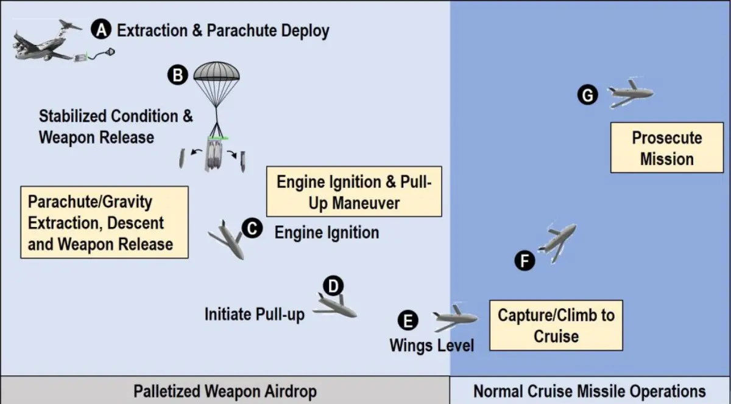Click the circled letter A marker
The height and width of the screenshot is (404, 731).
[x=101, y=29]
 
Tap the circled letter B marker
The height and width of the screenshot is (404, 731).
[x=177, y=75]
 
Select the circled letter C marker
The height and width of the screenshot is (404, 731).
[x=252, y=229]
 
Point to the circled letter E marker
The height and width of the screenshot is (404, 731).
[x=408, y=321]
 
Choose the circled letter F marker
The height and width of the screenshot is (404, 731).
[x=524, y=261]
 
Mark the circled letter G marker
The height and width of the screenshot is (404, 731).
[x=588, y=95]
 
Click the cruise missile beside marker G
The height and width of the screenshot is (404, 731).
[x=630, y=94]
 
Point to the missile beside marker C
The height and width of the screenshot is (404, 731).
[x=227, y=240]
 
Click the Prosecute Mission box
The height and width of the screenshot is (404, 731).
[x=667, y=148]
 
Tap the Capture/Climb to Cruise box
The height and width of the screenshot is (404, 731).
[x=556, y=325]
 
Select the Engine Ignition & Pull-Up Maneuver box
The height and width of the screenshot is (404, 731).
[x=354, y=192]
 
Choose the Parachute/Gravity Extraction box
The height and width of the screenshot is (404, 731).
[x=104, y=222]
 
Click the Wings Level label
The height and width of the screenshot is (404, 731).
[x=431, y=345]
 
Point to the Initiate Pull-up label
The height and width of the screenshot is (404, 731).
[x=255, y=314]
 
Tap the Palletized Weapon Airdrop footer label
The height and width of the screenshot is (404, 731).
[x=225, y=391]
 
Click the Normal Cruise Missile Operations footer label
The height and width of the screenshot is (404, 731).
[x=590, y=391]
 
